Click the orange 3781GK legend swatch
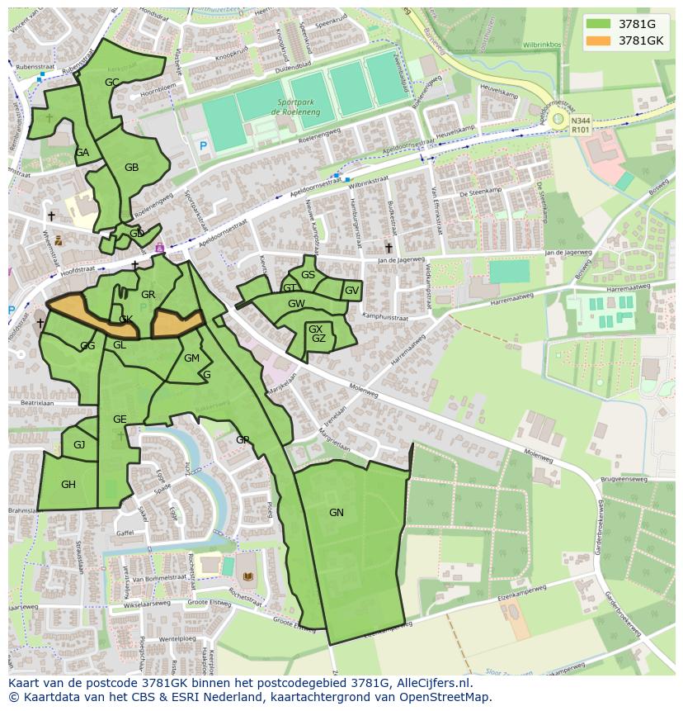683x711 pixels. tap(600, 40)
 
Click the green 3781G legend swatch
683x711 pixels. tap(600, 24)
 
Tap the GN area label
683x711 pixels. tap(336, 513)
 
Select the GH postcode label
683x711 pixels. tap(68, 485)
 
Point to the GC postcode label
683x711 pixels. tap(112, 82)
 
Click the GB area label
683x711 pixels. tap(131, 168)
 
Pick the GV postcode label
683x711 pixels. tap(351, 291)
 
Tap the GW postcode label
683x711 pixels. tap(296, 304)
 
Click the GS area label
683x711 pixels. tap(308, 275)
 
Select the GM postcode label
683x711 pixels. tap(191, 358)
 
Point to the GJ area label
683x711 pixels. tap(79, 445)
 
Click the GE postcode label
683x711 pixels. tap(120, 419)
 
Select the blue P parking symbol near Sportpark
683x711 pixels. tap(203, 146)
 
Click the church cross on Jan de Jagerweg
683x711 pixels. tap(389, 247)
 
